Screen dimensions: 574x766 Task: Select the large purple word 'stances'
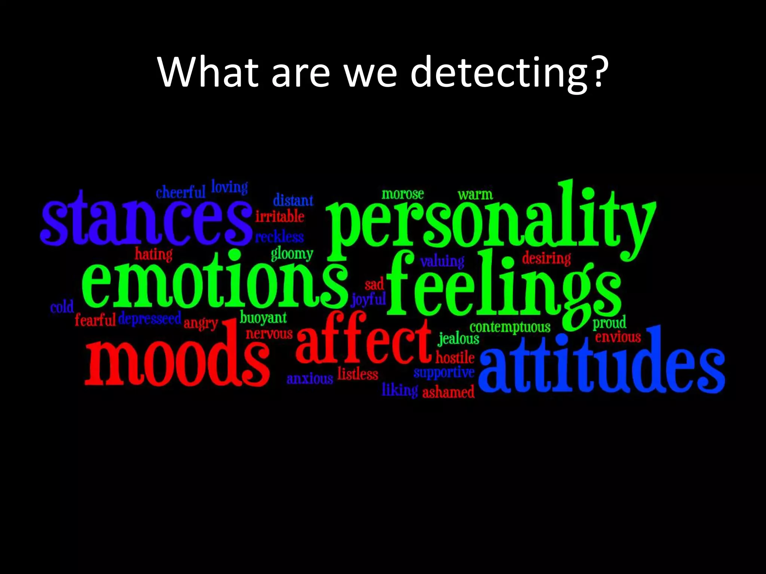tap(146, 220)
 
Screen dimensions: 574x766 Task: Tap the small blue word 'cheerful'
tap(181, 192)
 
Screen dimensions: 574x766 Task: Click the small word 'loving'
tap(229, 187)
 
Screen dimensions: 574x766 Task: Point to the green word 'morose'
tap(402, 194)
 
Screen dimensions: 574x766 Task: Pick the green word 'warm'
tap(475, 195)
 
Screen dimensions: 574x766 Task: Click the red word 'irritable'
tap(279, 216)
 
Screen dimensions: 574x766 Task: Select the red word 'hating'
tap(154, 254)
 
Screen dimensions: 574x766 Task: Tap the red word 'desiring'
tap(546, 258)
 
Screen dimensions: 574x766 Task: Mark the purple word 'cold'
tap(62, 308)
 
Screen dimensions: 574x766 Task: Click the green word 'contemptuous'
tap(510, 327)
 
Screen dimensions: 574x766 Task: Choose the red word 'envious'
tap(618, 337)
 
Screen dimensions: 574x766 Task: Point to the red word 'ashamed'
tap(448, 392)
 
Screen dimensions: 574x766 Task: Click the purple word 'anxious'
tap(310, 379)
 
